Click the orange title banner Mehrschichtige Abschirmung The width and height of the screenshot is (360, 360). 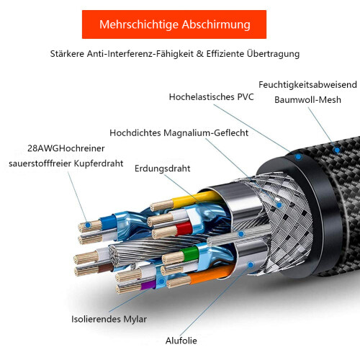(174, 24)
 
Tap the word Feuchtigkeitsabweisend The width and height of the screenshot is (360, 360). (307, 85)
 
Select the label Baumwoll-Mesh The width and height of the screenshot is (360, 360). (307, 99)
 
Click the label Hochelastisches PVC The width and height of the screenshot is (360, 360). (211, 96)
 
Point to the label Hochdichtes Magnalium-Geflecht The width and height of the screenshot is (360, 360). (179, 132)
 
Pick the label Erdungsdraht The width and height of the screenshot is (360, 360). (163, 168)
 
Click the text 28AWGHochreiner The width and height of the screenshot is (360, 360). (66, 148)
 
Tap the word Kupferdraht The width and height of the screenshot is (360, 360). (99, 163)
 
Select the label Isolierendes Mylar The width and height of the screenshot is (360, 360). (109, 319)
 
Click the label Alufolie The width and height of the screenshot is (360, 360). (181, 341)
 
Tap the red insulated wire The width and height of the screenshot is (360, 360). (184, 228)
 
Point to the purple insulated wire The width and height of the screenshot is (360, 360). (148, 284)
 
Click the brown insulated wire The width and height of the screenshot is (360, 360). (106, 267)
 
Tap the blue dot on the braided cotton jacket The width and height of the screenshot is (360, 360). (337, 150)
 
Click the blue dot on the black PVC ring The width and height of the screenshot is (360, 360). (298, 157)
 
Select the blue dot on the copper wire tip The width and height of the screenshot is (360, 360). (88, 225)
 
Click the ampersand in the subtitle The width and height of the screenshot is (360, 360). (199, 54)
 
